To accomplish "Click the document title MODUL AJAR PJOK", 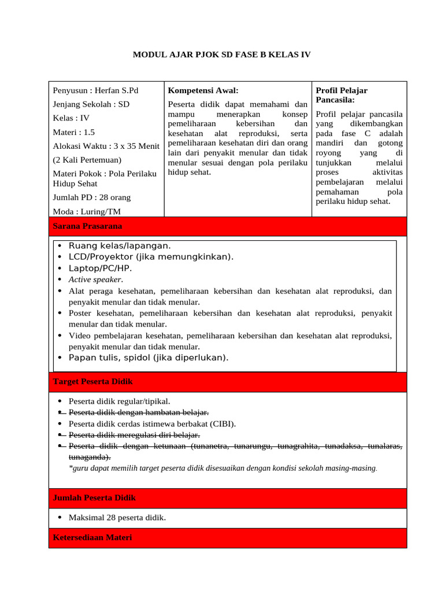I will point(221,55).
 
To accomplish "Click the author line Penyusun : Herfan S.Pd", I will point(95,90).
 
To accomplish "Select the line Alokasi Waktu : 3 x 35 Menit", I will point(106,146).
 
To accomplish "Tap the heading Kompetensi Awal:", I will point(202,90).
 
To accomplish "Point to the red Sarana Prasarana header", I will point(87,226).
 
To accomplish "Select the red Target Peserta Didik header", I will point(92,382).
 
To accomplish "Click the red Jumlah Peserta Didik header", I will point(94,497).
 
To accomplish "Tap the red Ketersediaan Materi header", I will point(92,537).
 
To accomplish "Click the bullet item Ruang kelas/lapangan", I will point(120,246).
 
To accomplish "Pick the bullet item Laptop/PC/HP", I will point(100,268).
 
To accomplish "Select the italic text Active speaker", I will point(95,279).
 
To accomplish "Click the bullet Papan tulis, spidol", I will point(148,357).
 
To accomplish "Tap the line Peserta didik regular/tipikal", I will point(120,401).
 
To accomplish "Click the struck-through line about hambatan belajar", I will point(138,412).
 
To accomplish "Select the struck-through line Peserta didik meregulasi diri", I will point(134,434).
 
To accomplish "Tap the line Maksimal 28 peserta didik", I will point(117,517).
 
